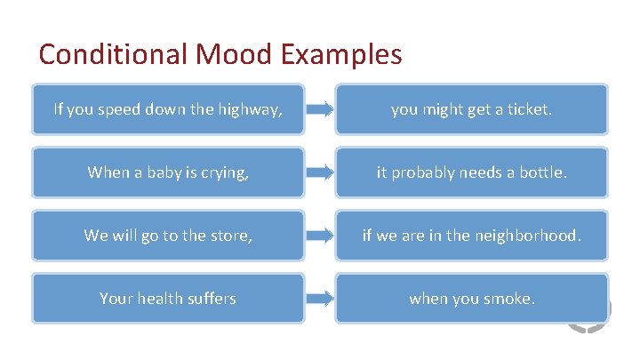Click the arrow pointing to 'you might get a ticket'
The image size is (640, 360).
(320, 110)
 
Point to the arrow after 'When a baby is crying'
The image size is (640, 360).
(320, 173)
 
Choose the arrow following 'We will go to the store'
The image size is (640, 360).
(320, 236)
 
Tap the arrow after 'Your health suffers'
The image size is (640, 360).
(320, 299)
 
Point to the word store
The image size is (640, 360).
(229, 236)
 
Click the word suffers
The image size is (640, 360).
(212, 299)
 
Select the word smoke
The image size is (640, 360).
(508, 299)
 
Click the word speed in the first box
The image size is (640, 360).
(111, 110)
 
